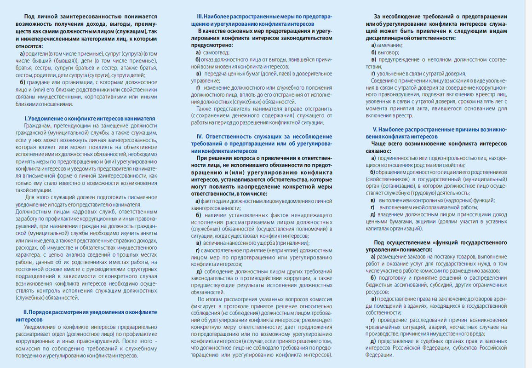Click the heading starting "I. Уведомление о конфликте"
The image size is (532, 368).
89,118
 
